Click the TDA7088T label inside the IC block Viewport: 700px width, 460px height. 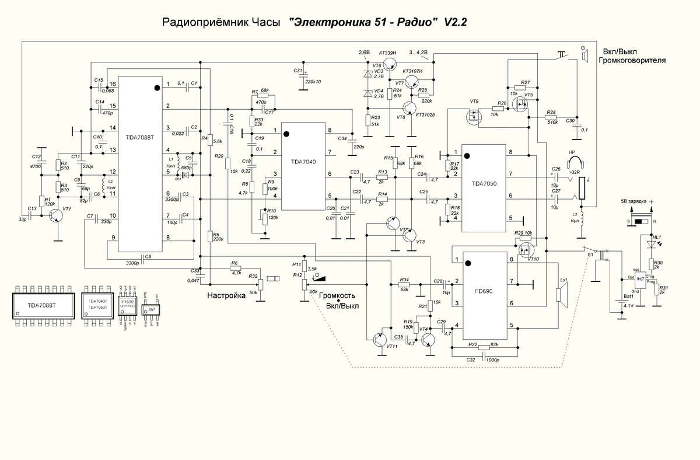140,138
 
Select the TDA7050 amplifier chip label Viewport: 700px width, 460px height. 484,183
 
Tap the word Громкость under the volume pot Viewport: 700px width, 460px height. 342,296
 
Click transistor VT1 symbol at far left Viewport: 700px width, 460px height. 56,215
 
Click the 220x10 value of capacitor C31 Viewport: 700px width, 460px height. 313,81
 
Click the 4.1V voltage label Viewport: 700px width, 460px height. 628,305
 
